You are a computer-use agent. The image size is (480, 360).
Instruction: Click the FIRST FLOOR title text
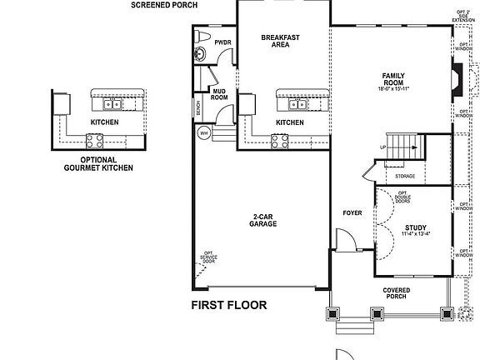229,305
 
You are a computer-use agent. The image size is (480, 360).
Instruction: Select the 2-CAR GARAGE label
264,221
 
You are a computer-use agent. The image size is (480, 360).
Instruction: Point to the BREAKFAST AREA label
280,41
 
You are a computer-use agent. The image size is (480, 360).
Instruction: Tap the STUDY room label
416,231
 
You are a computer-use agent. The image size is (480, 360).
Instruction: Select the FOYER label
352,212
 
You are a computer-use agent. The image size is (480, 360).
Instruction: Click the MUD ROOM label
220,93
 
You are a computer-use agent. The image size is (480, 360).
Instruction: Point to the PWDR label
222,42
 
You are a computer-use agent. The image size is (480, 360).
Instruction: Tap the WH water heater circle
203,132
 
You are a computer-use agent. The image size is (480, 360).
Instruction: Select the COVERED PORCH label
396,294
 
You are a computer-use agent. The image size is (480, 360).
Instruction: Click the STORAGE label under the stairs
405,176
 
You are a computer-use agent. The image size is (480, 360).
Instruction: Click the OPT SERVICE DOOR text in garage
208,259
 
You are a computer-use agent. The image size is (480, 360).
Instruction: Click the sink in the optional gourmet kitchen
111,105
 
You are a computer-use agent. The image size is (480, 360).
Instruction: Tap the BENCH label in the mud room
198,108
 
